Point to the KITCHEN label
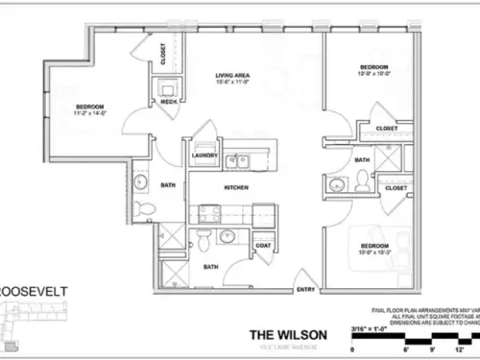click(237, 187)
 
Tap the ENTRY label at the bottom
click(306, 290)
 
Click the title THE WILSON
click(285, 334)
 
